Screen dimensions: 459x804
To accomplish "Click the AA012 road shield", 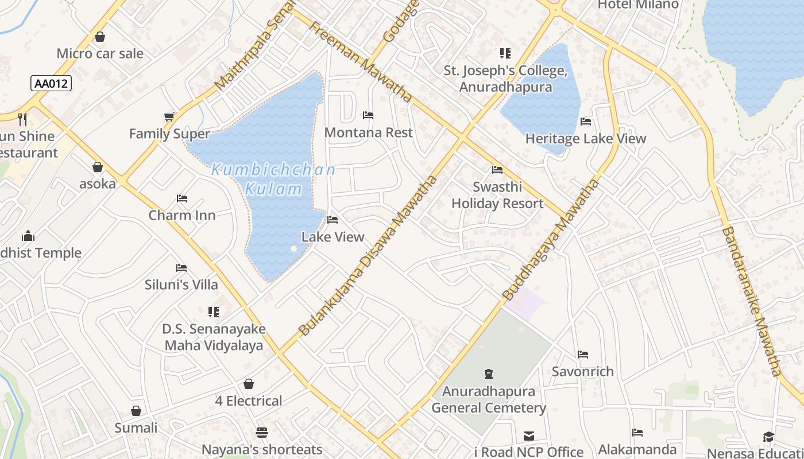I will pos(51,84).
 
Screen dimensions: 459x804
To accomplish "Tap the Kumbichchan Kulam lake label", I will pos(273,179).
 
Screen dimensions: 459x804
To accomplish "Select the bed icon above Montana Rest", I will pos(368,115).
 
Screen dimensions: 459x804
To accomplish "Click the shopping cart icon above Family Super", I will pos(169,117).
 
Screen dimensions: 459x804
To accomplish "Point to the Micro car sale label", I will pos(100,54).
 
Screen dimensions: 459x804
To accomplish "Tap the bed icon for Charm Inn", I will pos(182,199).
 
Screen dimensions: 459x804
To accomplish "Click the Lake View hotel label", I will pos(333,237).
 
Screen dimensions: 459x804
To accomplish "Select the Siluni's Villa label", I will pos(181,285).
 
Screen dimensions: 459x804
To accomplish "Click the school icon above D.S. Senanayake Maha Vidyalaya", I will pos(214,312).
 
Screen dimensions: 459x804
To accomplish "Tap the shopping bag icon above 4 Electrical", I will pos(249,384).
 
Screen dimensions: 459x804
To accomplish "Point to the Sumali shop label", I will pos(136,428).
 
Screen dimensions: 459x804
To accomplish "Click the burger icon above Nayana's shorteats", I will pos(262,432).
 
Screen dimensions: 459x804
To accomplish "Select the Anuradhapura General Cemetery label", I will pos(489,400).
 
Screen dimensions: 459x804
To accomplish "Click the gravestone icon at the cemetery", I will pos(489,375).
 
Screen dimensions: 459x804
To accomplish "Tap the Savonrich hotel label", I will pos(583,372).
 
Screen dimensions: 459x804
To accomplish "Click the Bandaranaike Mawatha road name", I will pos(752,301).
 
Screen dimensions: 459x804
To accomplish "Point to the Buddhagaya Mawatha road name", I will pos(551,240).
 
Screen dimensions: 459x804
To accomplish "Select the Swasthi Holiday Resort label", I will pos(497,196).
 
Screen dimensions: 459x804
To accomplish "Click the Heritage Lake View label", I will pos(586,139).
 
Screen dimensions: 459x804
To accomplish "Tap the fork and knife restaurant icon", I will pos(22,119).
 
